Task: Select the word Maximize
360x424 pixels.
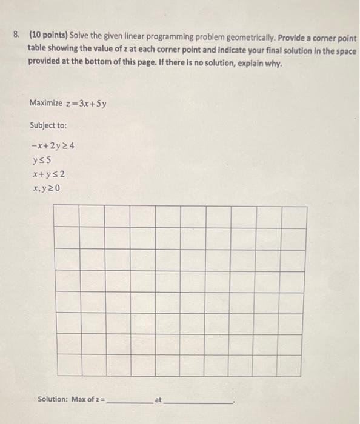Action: point(45,103)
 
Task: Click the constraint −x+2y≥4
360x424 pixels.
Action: point(53,146)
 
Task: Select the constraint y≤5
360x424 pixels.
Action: point(43,161)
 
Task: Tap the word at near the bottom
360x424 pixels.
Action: point(158,399)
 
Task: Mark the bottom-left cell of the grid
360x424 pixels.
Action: point(66,364)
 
